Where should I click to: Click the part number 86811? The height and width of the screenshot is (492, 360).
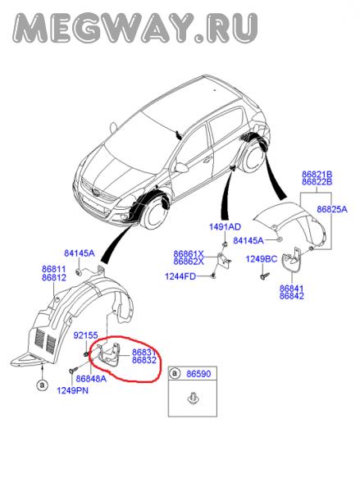pyautogui.click(x=53, y=269)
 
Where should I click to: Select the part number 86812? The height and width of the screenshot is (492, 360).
pyautogui.click(x=53, y=278)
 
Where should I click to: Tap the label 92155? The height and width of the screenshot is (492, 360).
pyautogui.click(x=85, y=335)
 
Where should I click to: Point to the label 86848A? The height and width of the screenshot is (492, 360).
pyautogui.click(x=91, y=379)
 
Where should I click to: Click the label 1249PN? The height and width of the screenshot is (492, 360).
pyautogui.click(x=72, y=390)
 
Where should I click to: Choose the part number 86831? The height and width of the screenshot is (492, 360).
pyautogui.click(x=144, y=352)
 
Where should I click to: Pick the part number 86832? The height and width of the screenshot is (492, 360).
pyautogui.click(x=144, y=360)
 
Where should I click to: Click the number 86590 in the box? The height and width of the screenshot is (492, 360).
pyautogui.click(x=198, y=374)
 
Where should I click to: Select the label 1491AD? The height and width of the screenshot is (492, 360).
pyautogui.click(x=225, y=226)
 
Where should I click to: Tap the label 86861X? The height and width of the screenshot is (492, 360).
pyautogui.click(x=189, y=253)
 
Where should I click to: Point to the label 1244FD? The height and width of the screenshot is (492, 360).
pyautogui.click(x=180, y=276)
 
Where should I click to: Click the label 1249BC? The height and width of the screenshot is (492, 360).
pyautogui.click(x=261, y=259)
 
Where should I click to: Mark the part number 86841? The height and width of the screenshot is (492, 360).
pyautogui.click(x=292, y=288)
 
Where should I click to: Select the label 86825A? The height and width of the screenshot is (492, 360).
pyautogui.click(x=332, y=209)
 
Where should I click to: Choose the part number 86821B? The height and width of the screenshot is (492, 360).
pyautogui.click(x=317, y=174)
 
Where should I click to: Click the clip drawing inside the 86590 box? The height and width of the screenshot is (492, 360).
pyautogui.click(x=192, y=399)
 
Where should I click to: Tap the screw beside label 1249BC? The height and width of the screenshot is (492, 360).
pyautogui.click(x=265, y=276)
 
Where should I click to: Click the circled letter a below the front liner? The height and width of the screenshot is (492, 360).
pyautogui.click(x=42, y=385)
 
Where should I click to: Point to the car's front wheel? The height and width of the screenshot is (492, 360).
pyautogui.click(x=155, y=212)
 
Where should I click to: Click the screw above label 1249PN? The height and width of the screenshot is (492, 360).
pyautogui.click(x=72, y=371)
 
